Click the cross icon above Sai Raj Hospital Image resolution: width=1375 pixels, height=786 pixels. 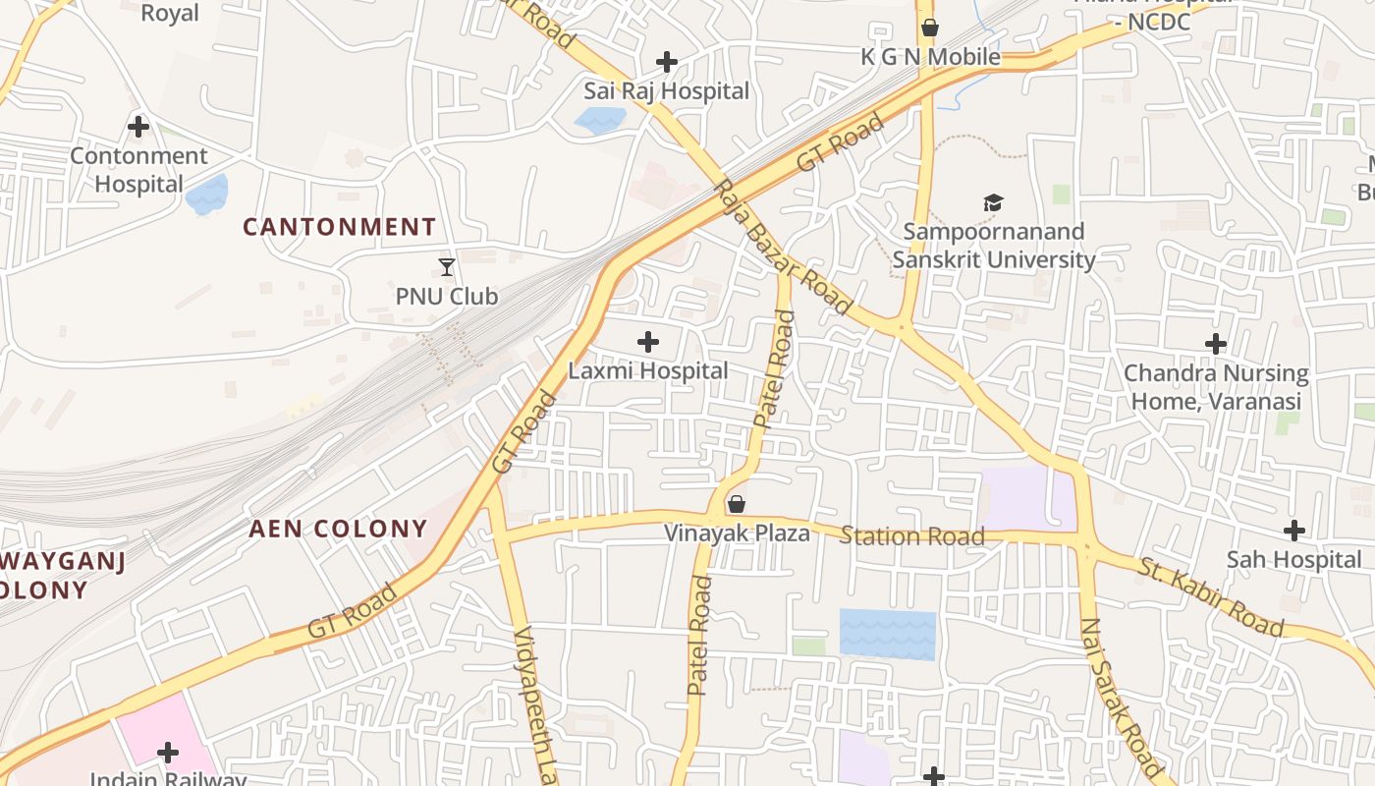667,63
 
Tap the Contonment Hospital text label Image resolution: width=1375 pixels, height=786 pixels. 138,170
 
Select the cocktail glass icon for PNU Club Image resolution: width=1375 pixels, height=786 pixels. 447,266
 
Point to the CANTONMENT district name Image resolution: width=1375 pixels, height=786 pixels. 339,227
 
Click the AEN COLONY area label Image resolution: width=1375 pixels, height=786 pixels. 338,529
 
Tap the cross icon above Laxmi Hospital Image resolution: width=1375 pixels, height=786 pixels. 648,342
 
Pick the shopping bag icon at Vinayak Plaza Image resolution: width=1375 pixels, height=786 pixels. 737,504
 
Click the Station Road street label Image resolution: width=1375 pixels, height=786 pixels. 911,536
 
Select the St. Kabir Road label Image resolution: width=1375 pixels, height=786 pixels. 1211,596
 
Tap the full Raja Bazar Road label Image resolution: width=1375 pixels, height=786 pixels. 781,248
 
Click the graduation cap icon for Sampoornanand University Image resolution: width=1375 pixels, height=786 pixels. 994,203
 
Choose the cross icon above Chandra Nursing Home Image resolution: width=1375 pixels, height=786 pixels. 1216,344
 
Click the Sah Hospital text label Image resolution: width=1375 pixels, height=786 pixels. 1293,560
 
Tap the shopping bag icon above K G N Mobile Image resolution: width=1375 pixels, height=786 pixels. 929,28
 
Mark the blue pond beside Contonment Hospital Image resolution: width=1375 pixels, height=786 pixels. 206,195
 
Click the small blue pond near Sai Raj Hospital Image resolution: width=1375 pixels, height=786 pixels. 600,121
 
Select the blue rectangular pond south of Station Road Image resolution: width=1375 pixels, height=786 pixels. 887,634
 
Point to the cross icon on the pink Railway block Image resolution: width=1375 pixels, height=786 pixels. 168,753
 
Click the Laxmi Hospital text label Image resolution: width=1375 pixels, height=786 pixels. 648,371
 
